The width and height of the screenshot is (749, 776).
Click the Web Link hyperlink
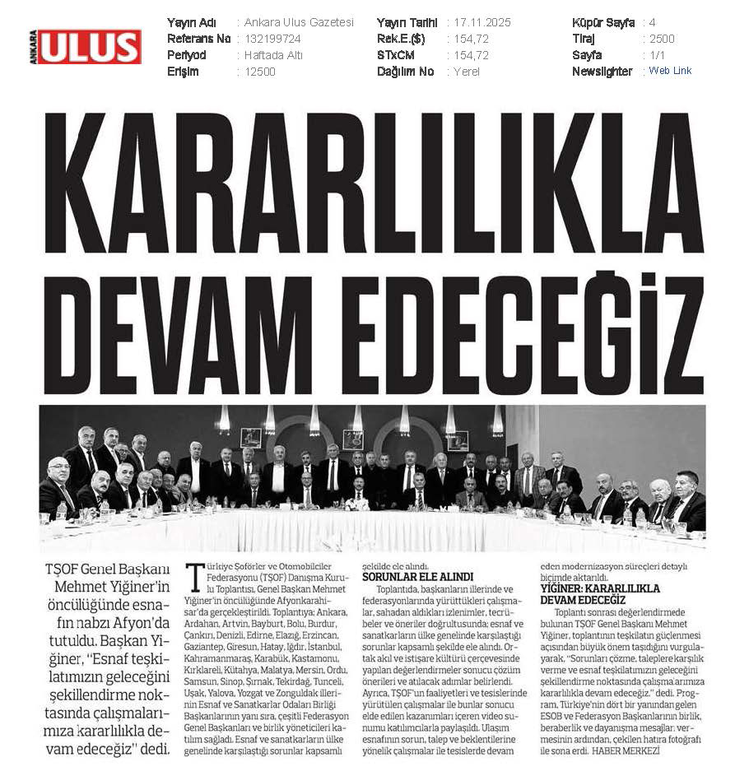point(670,71)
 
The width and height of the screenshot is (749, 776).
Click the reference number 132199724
point(274,39)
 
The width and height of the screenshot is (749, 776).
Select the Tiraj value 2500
point(662,39)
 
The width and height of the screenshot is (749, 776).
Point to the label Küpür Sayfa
point(602,22)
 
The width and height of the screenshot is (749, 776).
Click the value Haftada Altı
point(273,55)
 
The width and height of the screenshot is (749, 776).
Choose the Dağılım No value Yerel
point(467,72)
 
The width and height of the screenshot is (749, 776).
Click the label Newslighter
point(602,72)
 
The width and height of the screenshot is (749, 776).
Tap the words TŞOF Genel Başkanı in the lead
point(106,569)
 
